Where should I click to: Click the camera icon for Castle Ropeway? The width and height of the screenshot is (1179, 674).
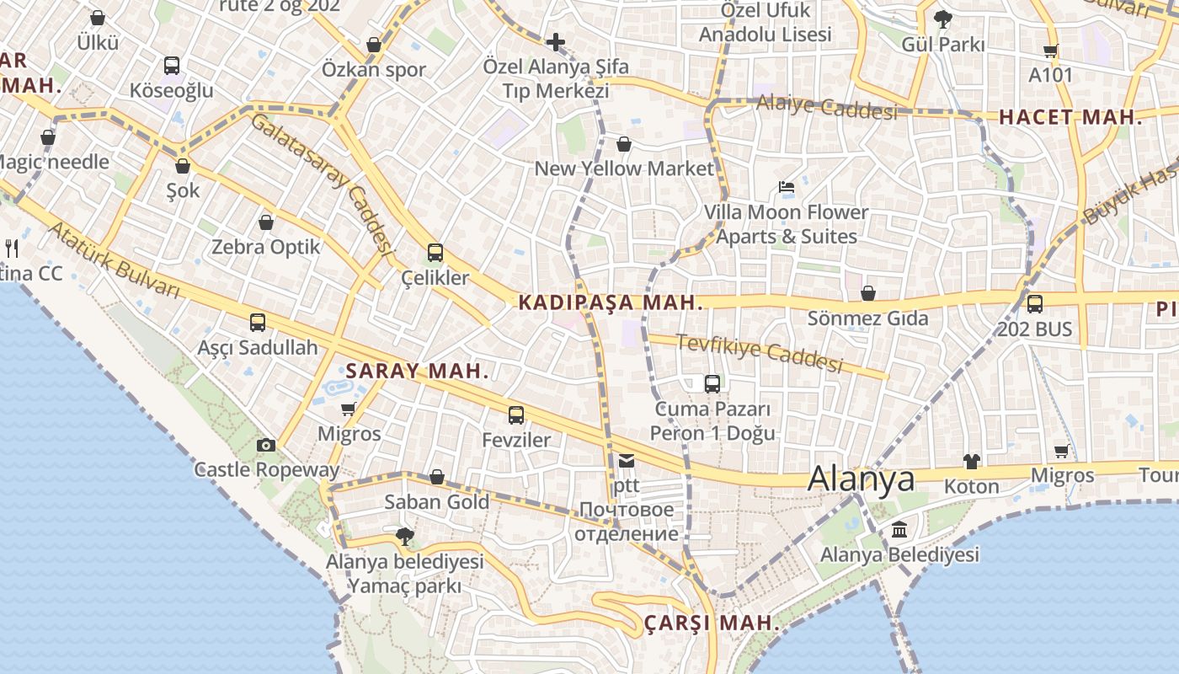click(265, 446)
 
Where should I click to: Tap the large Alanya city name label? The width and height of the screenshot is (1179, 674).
click(861, 479)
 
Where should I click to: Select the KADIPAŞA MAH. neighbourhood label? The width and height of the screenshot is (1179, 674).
click(611, 302)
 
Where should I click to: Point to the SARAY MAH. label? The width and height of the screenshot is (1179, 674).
click(417, 371)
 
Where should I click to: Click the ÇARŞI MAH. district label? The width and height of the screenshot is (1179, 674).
click(712, 623)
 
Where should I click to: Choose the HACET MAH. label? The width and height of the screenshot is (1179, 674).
click(1070, 118)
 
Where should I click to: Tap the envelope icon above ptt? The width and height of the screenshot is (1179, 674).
click(627, 460)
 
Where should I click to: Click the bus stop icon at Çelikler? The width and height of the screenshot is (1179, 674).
click(435, 252)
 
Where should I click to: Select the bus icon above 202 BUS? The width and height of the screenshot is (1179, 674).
click(1034, 303)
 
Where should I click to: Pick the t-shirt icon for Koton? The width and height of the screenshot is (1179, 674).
click(972, 461)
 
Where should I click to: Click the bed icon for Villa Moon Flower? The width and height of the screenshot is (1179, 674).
click(787, 186)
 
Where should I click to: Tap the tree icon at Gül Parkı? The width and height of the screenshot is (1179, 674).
click(943, 19)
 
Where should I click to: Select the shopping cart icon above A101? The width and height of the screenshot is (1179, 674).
click(1050, 51)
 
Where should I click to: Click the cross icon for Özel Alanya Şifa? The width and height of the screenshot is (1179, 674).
click(555, 41)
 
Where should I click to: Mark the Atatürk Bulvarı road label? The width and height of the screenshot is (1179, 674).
click(114, 260)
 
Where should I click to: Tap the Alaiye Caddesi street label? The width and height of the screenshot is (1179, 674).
click(826, 107)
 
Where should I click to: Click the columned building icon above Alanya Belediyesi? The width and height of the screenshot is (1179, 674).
click(899, 530)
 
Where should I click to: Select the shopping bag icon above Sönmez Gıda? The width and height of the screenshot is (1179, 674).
click(867, 293)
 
